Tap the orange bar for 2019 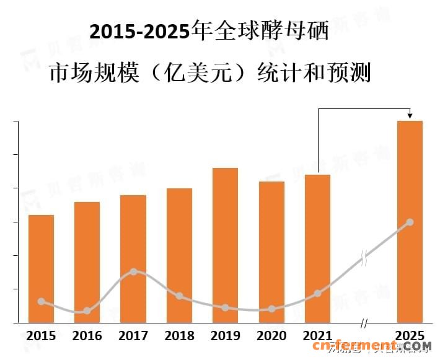point(225,245)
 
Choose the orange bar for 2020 point(271,252)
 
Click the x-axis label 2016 point(87,336)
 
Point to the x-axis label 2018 point(179,336)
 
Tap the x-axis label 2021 point(317,336)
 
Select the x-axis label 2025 point(410,336)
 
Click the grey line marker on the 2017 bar point(133,271)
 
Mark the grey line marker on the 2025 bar point(410,222)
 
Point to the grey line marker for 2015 point(41,301)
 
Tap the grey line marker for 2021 point(318,293)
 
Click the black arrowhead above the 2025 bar point(410,116)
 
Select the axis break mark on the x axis point(364,323)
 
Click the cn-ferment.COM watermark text point(380,346)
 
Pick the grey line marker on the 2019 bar point(225,307)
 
